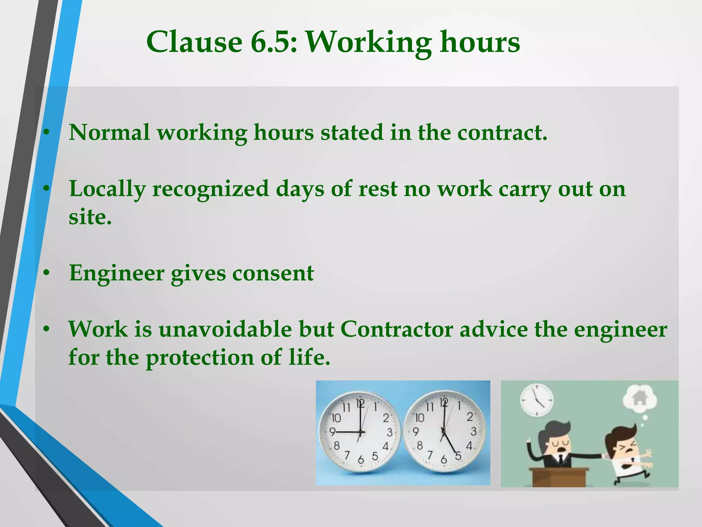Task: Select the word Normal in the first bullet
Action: click(109, 133)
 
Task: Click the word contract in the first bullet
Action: click(502, 133)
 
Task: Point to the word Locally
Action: click(107, 190)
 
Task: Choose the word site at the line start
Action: click(90, 218)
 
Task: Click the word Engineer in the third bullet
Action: click(117, 273)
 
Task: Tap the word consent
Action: click(273, 273)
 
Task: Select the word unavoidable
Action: click(225, 329)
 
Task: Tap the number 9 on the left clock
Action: click(332, 431)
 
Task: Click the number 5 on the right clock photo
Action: click(458, 456)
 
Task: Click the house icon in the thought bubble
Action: click(639, 399)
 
